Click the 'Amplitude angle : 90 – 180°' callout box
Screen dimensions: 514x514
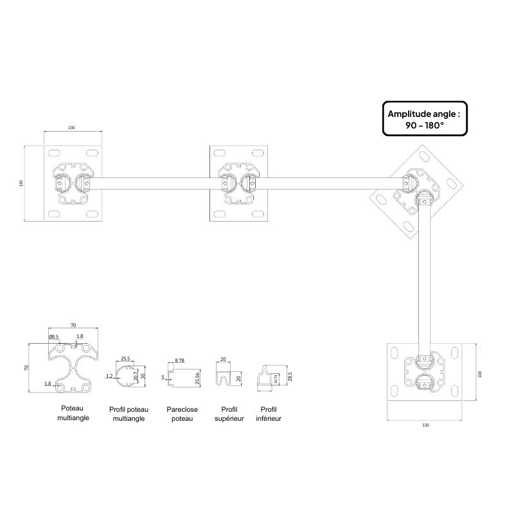point(424,119)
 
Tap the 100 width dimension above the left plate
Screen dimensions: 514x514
point(71,128)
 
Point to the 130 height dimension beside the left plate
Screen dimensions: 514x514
point(22,184)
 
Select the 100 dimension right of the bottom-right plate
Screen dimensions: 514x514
point(480,374)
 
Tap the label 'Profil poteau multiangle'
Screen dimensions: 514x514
point(128,414)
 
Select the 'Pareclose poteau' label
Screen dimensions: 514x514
point(182,413)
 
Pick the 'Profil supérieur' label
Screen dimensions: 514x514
point(229,413)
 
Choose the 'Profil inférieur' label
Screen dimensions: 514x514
point(270,413)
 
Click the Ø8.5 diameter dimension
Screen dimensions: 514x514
point(53,337)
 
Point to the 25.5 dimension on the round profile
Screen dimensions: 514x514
point(126,359)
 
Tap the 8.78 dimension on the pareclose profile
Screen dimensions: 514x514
point(179,361)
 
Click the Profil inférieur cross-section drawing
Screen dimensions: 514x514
point(266,379)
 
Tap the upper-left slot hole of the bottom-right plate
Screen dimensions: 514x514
point(394,353)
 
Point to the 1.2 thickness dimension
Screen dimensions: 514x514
point(109,376)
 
